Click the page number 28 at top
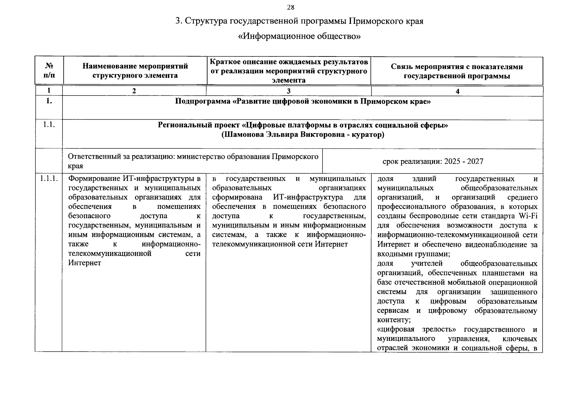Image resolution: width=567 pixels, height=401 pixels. point(291,7)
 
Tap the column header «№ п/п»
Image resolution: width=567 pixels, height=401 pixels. point(49,71)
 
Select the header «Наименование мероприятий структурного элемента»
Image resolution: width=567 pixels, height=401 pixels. point(135,71)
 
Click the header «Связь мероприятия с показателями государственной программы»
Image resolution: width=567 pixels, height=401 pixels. point(456,71)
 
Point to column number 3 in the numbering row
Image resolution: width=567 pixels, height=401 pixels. point(289,91)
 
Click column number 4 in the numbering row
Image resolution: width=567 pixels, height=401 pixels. point(457,91)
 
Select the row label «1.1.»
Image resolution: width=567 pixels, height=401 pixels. point(49,125)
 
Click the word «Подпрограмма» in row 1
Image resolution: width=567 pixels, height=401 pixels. point(202,102)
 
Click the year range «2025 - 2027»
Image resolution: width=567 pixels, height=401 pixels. point(463,161)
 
